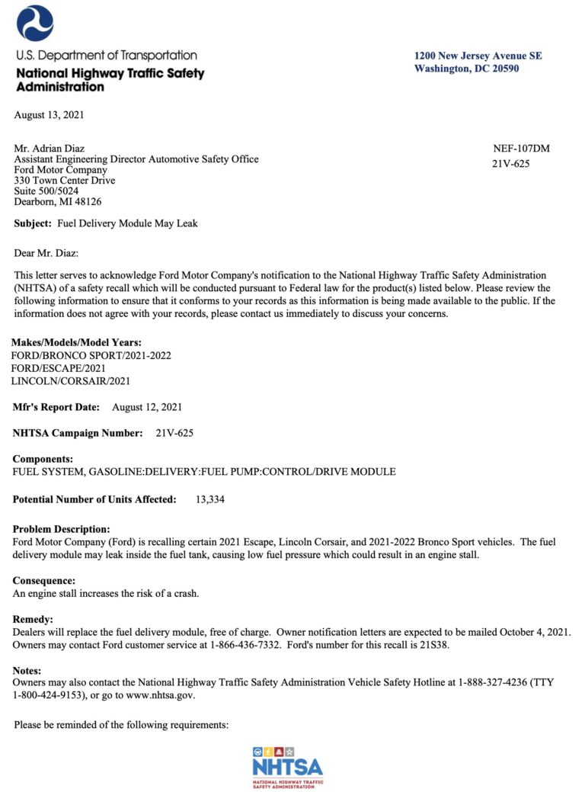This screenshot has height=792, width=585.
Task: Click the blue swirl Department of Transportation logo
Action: click(35, 23)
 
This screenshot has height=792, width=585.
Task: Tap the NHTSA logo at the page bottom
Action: click(287, 767)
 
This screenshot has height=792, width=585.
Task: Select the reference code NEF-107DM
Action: click(522, 149)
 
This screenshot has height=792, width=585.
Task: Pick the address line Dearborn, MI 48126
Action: click(58, 202)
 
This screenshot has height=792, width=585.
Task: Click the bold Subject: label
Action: click(33, 223)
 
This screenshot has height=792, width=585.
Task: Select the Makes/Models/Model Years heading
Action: click(76, 342)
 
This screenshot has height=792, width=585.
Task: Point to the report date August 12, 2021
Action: click(147, 407)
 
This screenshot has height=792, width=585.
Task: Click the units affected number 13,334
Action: click(210, 499)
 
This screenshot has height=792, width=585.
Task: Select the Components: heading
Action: click(43, 460)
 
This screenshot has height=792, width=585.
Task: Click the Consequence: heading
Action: click(43, 581)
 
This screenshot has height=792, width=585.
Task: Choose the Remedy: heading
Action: click(33, 620)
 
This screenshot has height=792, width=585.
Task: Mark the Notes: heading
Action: click(30, 671)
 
